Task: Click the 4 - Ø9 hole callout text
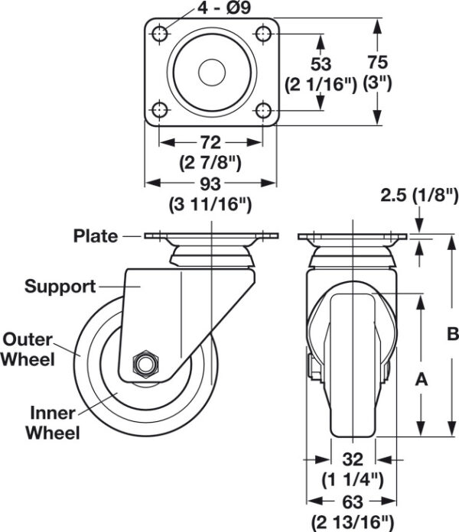(223, 8)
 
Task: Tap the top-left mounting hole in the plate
(159, 34)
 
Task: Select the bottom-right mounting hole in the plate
(263, 110)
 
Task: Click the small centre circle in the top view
(212, 73)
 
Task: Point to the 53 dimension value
(321, 64)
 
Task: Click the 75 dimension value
(377, 62)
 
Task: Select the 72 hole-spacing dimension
(211, 142)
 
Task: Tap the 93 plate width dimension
(210, 183)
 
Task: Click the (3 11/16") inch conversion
(210, 205)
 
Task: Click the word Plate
(96, 235)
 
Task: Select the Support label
(60, 287)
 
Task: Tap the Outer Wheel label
(28, 349)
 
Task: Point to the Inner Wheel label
(53, 423)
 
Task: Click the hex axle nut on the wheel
(145, 364)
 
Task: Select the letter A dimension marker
(422, 379)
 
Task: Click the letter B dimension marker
(453, 333)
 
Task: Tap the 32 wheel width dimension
(353, 459)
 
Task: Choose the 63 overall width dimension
(353, 501)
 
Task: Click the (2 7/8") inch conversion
(210, 163)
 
